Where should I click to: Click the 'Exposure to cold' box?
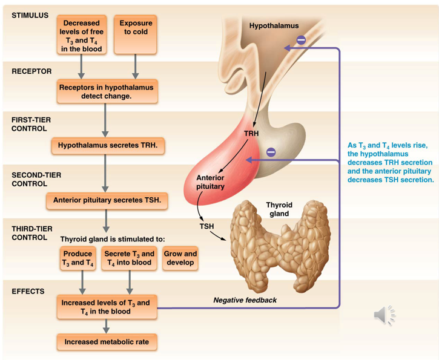(135, 34)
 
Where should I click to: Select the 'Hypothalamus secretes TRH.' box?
(108, 146)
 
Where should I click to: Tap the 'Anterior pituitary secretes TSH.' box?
(107, 200)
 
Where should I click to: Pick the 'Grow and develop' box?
(180, 258)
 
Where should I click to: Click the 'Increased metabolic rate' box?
(107, 342)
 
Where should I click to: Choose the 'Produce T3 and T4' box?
(78, 258)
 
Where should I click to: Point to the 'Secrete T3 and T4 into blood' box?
(129, 258)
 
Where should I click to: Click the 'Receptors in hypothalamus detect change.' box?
(107, 91)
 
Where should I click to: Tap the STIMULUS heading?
(30, 15)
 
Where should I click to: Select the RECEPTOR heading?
(31, 71)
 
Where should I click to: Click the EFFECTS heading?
(28, 292)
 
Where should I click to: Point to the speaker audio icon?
(385, 315)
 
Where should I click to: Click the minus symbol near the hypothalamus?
(301, 40)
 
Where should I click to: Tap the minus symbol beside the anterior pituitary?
(271, 152)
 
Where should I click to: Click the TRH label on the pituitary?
(251, 134)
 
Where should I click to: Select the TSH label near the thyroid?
(206, 226)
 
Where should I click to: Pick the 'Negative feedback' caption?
(245, 300)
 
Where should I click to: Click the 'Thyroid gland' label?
(279, 209)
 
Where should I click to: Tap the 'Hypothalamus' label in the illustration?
(274, 26)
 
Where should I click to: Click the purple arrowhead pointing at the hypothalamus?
(288, 48)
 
